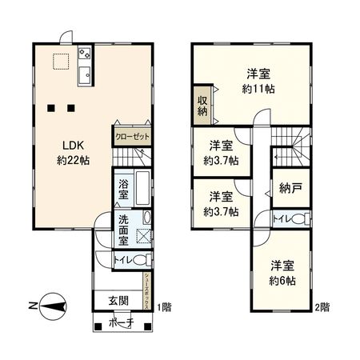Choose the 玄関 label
[x=118, y=302]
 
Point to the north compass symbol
[x=52, y=305]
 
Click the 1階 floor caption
[x=164, y=306]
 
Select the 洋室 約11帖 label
[x=258, y=82]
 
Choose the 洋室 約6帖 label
[x=282, y=273]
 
